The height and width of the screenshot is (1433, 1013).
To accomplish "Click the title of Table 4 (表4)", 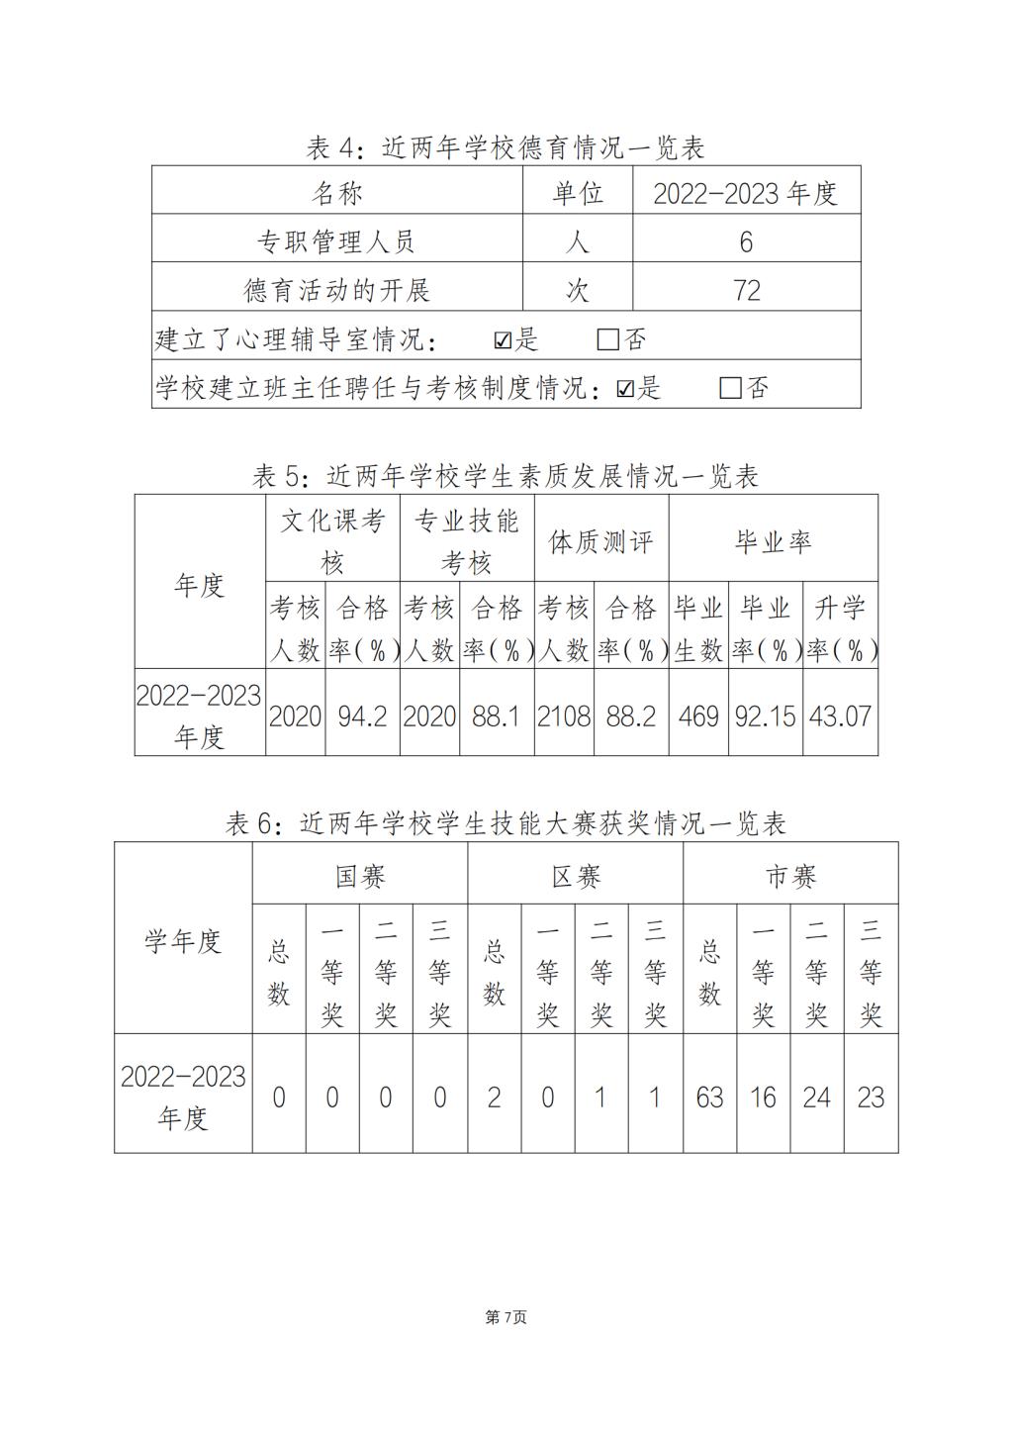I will (x=506, y=148).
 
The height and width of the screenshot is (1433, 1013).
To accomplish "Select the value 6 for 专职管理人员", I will (x=746, y=241).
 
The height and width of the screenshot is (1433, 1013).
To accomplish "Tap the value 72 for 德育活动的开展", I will (x=746, y=290).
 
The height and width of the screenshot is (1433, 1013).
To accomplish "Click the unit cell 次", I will (x=577, y=290).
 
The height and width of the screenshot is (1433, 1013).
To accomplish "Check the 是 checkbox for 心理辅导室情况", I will (x=503, y=340).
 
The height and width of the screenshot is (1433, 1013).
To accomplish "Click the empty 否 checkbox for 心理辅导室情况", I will (x=607, y=340).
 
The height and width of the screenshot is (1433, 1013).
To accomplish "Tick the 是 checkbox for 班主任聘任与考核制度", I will (x=624, y=388).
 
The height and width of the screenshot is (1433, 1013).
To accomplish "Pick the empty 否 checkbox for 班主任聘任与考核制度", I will (x=730, y=388).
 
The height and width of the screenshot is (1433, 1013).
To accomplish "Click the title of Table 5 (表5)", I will (x=506, y=476).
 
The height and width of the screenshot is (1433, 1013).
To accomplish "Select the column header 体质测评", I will (x=600, y=541).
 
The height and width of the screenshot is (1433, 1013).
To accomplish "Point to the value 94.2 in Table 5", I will (x=362, y=716).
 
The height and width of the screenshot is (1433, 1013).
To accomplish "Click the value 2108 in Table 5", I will (x=564, y=716).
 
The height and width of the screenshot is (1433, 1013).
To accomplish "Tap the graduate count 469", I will (x=698, y=716).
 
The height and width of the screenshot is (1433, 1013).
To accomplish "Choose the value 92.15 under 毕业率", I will (x=765, y=716).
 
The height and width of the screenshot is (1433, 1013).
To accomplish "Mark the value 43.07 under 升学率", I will (x=840, y=716).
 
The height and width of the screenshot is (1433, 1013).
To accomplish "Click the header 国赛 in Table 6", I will (x=359, y=876).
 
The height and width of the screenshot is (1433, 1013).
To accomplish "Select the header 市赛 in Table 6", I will (x=790, y=876).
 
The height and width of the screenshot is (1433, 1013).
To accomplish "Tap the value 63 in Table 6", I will (x=709, y=1097).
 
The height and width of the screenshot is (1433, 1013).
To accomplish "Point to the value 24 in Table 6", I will (x=816, y=1097).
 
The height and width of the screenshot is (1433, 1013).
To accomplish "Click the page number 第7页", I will (x=506, y=1317).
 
